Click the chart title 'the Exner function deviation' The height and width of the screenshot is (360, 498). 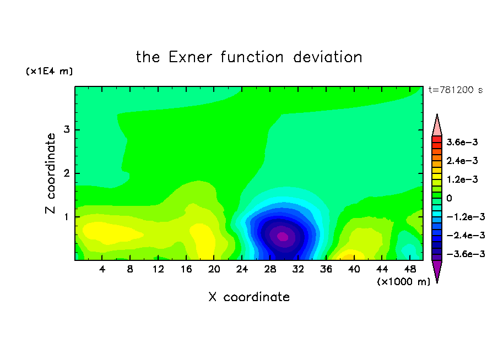pyautogui.click(x=249, y=57)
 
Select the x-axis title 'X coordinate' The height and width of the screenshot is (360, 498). pyautogui.click(x=249, y=297)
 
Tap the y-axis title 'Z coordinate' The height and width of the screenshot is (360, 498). pyautogui.click(x=50, y=173)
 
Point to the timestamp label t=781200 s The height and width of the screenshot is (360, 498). pyautogui.click(x=456, y=90)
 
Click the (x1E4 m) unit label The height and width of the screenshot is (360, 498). pyautogui.click(x=49, y=71)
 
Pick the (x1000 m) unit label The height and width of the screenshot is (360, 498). pyautogui.click(x=403, y=282)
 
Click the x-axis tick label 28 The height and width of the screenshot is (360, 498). pyautogui.click(x=270, y=269)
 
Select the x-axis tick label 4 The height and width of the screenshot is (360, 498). pyautogui.click(x=102, y=269)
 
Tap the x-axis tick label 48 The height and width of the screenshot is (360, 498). pyautogui.click(x=410, y=269)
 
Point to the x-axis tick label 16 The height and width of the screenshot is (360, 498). pyautogui.click(x=186, y=269)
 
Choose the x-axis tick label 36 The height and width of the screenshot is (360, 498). pyautogui.click(x=326, y=269)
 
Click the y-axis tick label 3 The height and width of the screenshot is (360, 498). pyautogui.click(x=67, y=129)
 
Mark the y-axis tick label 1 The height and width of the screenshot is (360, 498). pyautogui.click(x=67, y=217)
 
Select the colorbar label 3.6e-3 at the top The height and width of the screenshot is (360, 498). pyautogui.click(x=462, y=142)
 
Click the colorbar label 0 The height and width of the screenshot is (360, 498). pyautogui.click(x=449, y=198)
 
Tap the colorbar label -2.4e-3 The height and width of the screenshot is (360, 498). pyautogui.click(x=465, y=235)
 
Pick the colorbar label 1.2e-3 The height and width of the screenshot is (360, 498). pyautogui.click(x=462, y=179)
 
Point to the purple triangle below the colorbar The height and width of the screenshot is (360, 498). pyautogui.click(x=437, y=270)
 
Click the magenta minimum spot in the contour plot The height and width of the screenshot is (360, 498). pyautogui.click(x=283, y=237)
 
